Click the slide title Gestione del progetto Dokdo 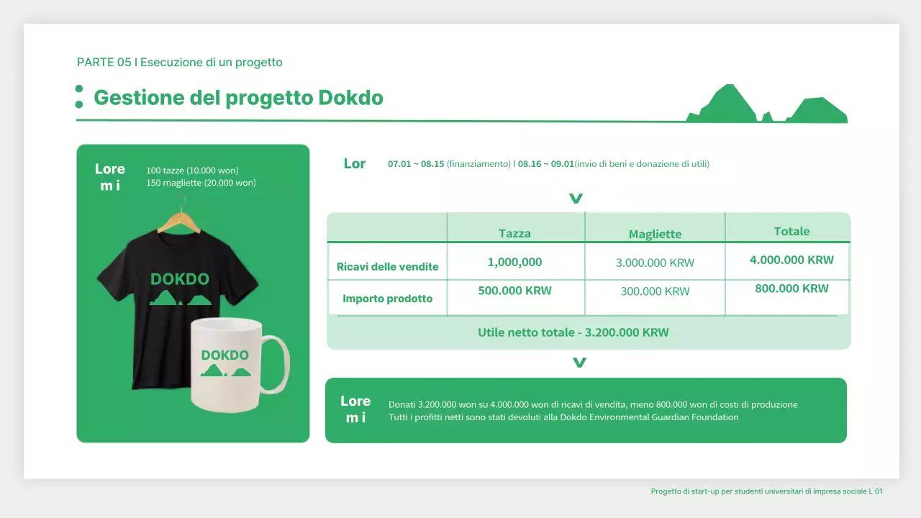coord(238,98)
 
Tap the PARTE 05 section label coord(179,63)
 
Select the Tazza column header coord(514,233)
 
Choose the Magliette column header coord(655,234)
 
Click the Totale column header coord(791,231)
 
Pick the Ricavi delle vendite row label coord(387,267)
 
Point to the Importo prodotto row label coord(387,299)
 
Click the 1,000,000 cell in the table coord(514,263)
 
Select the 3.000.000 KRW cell coord(655,263)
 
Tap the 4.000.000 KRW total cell coord(791,260)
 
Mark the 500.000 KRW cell coord(514,291)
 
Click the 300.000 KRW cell coord(655,291)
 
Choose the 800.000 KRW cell coord(791,288)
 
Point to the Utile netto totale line coord(573,332)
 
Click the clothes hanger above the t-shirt coord(179,219)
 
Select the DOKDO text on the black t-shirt coord(180,279)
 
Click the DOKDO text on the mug coord(225,355)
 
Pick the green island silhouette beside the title coord(767,106)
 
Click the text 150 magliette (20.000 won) coord(201,183)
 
